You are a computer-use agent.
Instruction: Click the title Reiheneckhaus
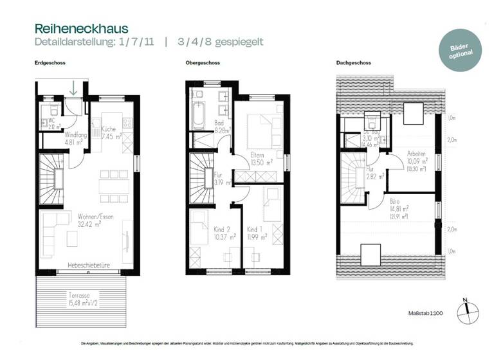click(x=81, y=29)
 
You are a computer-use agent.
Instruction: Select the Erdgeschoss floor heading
click(x=50, y=64)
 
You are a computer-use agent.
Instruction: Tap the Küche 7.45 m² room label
click(x=112, y=133)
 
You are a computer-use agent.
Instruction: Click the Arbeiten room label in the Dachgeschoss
click(x=417, y=157)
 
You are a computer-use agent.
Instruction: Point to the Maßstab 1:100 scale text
click(x=427, y=313)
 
